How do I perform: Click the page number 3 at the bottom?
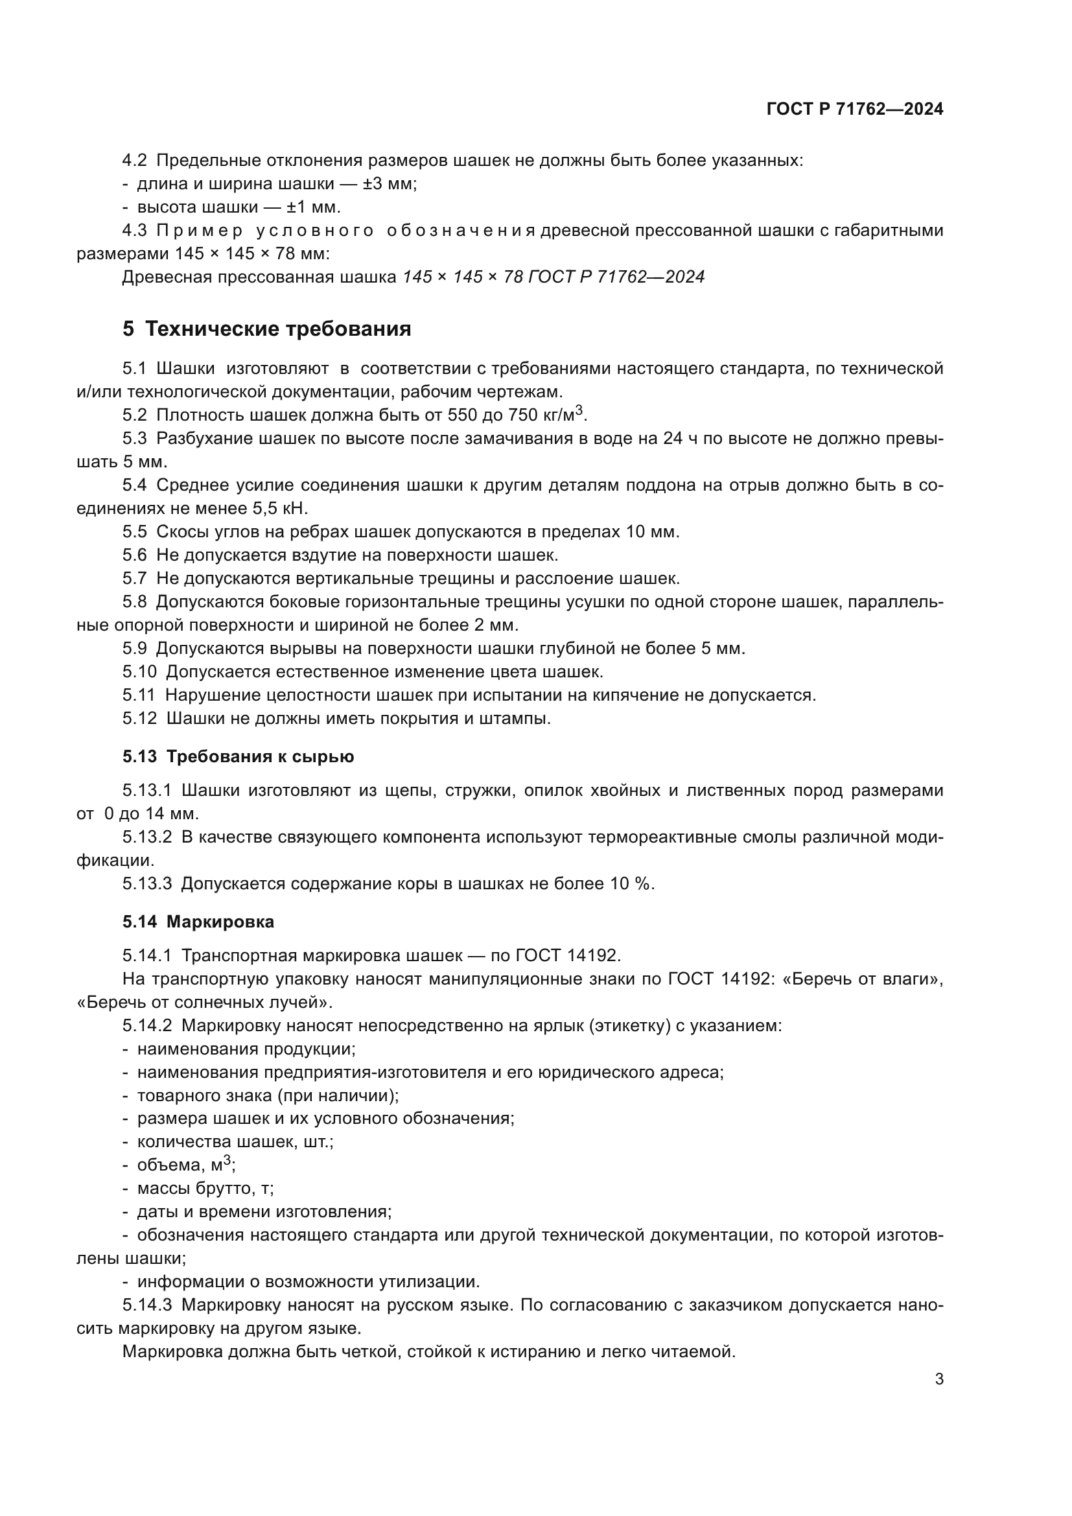pos(938,1379)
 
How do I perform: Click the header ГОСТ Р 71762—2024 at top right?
pos(855,110)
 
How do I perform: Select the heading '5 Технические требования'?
pos(266,329)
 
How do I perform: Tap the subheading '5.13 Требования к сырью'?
pos(239,756)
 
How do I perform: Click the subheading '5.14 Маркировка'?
pos(198,922)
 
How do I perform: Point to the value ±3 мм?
pos(390,184)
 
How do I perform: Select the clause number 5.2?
pos(135,415)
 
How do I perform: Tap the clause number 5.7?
pos(135,579)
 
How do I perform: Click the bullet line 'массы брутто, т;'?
pos(205,1189)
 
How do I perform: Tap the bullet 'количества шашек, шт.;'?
pos(235,1141)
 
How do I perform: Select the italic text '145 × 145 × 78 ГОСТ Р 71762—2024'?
pos(553,277)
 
